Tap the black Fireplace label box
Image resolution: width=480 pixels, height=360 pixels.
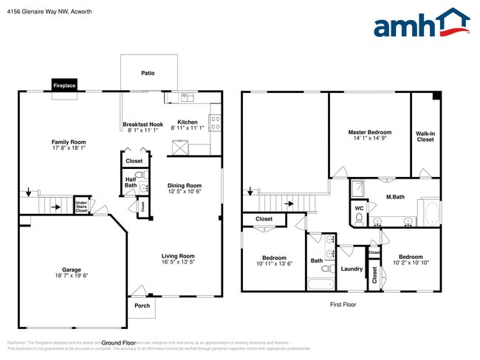point(64,86)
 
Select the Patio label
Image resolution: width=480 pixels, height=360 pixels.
point(148,73)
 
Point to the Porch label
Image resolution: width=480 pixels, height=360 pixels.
point(142,305)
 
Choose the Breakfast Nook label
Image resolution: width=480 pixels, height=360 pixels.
point(143,124)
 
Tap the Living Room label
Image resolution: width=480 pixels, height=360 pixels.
point(178,256)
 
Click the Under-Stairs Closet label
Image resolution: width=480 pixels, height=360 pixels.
point(81,206)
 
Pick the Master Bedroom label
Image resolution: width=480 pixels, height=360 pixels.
point(370,132)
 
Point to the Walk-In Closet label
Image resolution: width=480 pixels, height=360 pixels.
point(425,136)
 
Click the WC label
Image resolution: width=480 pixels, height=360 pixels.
point(359,208)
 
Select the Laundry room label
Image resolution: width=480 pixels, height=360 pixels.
point(352,269)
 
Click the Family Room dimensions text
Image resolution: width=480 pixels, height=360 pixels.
point(69,148)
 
